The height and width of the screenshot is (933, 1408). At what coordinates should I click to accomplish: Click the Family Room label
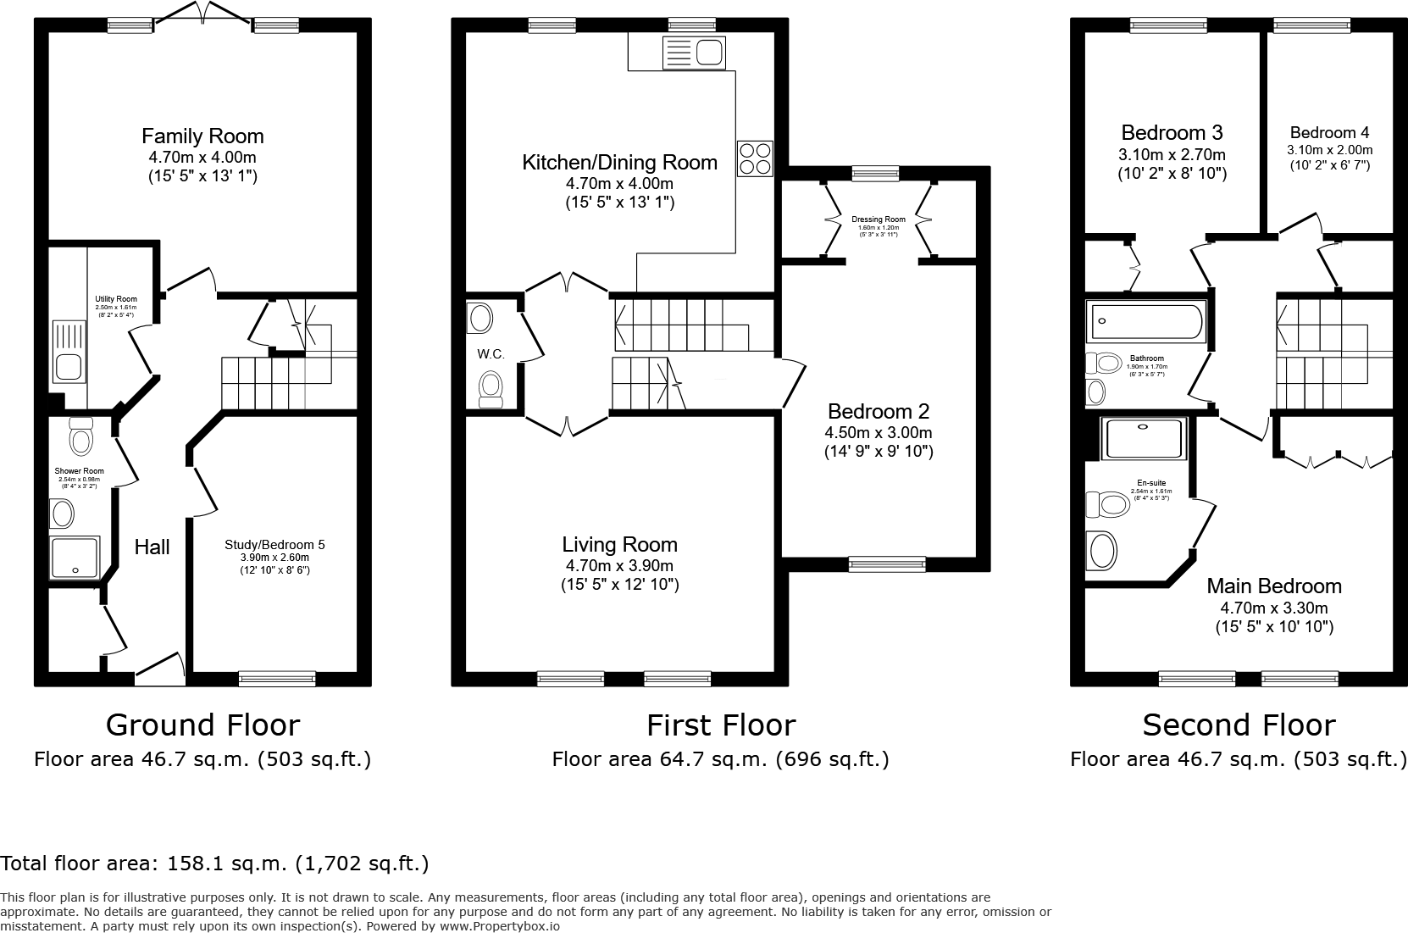[x=202, y=136]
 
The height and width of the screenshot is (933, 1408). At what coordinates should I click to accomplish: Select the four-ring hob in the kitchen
[x=755, y=158]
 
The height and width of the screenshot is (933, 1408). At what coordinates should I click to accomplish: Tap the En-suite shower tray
[x=1145, y=439]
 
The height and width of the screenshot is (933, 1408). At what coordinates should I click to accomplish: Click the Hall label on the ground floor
[x=152, y=547]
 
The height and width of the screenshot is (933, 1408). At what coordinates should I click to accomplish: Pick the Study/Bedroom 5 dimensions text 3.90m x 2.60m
[x=274, y=558]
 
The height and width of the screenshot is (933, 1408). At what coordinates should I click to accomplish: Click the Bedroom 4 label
[x=1329, y=133]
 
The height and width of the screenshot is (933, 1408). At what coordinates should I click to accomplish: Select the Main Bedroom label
[x=1273, y=586]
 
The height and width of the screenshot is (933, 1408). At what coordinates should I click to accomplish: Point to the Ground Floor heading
[x=202, y=725]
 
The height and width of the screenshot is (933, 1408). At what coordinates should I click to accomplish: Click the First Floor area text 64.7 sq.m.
[x=720, y=759]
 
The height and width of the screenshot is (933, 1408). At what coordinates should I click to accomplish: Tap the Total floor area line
[x=214, y=864]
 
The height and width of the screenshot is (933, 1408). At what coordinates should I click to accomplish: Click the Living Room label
[x=619, y=545]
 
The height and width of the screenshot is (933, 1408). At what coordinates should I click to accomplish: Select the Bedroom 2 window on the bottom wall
[x=887, y=563]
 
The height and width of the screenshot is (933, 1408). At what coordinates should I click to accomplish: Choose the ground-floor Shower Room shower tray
[x=75, y=558]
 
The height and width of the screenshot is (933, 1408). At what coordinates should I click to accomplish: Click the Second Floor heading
[x=1238, y=725]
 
